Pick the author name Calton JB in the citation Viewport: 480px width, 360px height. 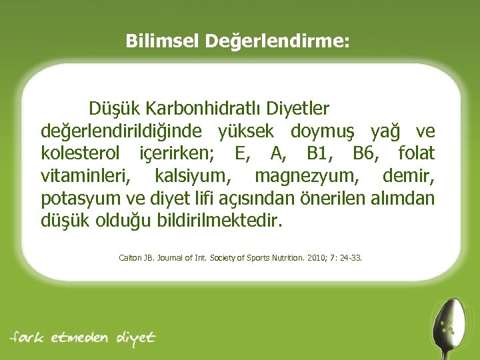[135, 256]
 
